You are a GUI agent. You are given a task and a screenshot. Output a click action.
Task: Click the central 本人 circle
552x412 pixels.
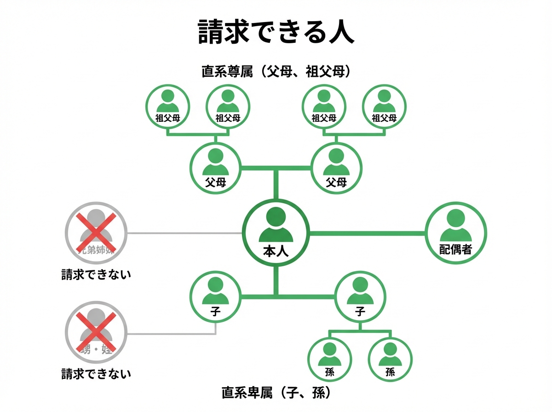(276, 233)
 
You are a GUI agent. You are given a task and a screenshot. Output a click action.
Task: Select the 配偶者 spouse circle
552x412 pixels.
(455, 233)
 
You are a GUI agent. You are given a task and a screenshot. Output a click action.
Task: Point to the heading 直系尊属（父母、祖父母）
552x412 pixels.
(276, 72)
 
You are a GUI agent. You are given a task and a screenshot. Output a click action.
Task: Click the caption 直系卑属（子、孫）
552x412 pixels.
(276, 393)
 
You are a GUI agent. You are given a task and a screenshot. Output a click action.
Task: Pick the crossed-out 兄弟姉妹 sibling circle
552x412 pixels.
(96, 233)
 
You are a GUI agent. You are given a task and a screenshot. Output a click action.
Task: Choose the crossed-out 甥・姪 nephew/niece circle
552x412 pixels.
(96, 333)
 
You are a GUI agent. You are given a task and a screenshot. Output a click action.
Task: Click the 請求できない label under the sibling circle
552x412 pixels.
(96, 275)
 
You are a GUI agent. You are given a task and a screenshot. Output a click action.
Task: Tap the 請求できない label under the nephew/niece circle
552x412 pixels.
(96, 373)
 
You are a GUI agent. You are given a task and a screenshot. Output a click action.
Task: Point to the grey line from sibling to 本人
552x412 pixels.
(184, 233)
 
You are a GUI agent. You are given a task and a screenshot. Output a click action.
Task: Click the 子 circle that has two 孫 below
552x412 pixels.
(360, 297)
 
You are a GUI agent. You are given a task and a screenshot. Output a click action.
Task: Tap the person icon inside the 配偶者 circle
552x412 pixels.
(455, 225)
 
